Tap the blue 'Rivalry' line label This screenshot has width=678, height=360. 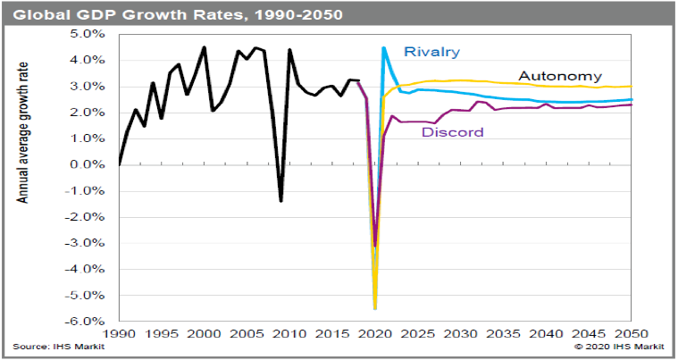[431, 52]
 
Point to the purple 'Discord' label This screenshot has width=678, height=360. [452, 133]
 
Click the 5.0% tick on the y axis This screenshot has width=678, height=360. [90, 34]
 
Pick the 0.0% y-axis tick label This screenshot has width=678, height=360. [90, 165]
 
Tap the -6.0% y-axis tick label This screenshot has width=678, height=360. [88, 322]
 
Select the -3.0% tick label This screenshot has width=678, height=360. [88, 243]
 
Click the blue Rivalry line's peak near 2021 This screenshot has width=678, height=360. [383, 48]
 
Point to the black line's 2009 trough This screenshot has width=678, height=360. [281, 200]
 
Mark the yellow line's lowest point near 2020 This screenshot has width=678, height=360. [375, 308]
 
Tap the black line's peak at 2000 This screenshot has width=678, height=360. [205, 47]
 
